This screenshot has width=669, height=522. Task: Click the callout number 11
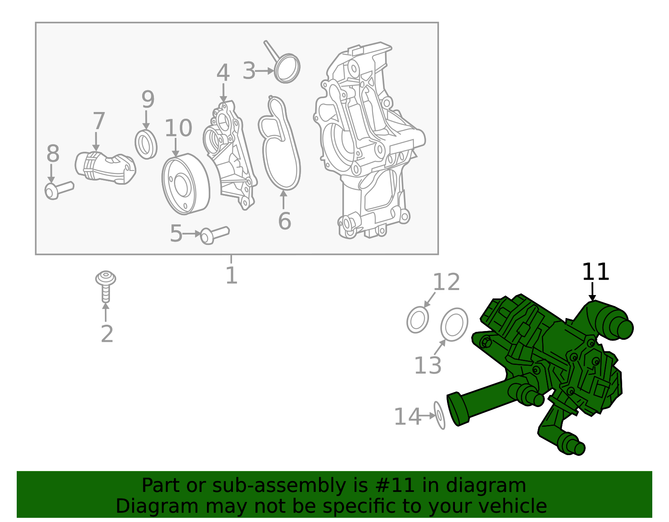pyautogui.click(x=595, y=272)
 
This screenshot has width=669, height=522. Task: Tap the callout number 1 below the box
pyautogui.click(x=231, y=275)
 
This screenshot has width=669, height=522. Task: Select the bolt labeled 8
pyautogui.click(x=59, y=189)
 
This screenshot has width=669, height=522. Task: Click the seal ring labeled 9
pyautogui.click(x=146, y=144)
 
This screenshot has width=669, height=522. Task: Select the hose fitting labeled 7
pyautogui.click(x=105, y=167)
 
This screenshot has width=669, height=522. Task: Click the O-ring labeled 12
pyautogui.click(x=418, y=320)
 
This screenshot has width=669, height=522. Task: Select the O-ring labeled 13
pyautogui.click(x=454, y=324)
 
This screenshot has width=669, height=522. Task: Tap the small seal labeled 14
pyautogui.click(x=439, y=415)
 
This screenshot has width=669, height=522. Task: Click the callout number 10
pyautogui.click(x=178, y=128)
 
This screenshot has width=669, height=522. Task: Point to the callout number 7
pyautogui.click(x=99, y=121)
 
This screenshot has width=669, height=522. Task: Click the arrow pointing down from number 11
pyautogui.click(x=592, y=291)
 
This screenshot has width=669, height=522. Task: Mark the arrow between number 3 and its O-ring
pyautogui.click(x=264, y=71)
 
